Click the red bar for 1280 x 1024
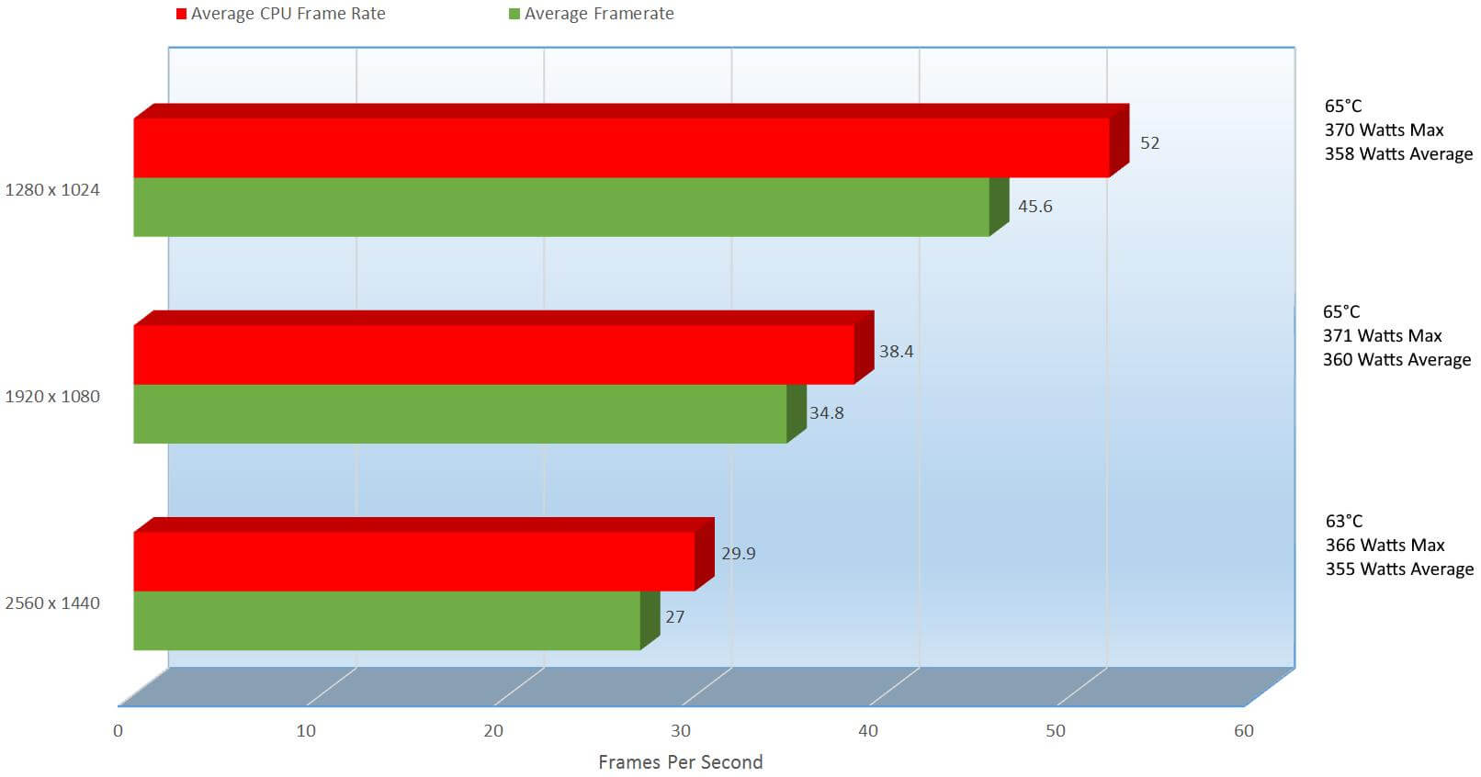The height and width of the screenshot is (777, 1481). coord(621,147)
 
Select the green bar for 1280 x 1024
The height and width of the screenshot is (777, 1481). coord(561,207)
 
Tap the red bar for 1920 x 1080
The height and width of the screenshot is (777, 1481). coord(493,354)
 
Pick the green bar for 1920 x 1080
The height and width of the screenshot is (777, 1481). coord(460,413)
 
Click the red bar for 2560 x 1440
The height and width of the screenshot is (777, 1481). coord(413,560)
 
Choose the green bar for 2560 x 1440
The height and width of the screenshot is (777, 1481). coord(387,620)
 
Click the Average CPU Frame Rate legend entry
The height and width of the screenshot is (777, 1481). coord(281,14)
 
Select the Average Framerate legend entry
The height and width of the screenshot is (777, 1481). coord(592,14)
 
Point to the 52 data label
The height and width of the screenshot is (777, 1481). coord(1149,143)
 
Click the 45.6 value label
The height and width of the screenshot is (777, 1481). coord(1034,207)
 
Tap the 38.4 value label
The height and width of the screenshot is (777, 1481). coord(896,352)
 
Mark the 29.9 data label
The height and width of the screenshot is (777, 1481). coord(738,554)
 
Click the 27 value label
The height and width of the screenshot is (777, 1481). coord(674,617)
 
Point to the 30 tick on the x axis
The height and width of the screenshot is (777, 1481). coord(681,731)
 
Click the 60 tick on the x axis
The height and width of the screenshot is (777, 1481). coord(1243,731)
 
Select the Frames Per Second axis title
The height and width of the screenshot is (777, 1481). coord(680,762)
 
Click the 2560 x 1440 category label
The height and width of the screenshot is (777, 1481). coord(52,603)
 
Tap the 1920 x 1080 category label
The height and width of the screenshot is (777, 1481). coord(52,397)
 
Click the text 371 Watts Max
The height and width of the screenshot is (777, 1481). coord(1382,336)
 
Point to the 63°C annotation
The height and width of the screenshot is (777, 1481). coord(1343,522)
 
